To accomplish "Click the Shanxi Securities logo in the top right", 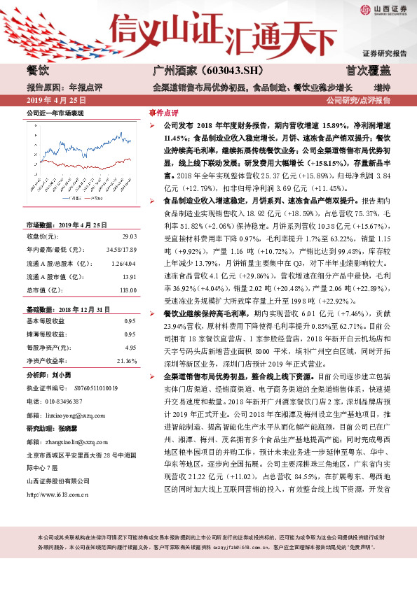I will click(x=384, y=10).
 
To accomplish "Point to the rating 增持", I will click(x=382, y=87).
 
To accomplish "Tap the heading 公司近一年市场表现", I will click(x=55, y=112).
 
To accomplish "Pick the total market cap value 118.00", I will click(x=128, y=290).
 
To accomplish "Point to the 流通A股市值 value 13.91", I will click(x=129, y=276).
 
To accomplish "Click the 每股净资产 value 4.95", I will click(x=130, y=347).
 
